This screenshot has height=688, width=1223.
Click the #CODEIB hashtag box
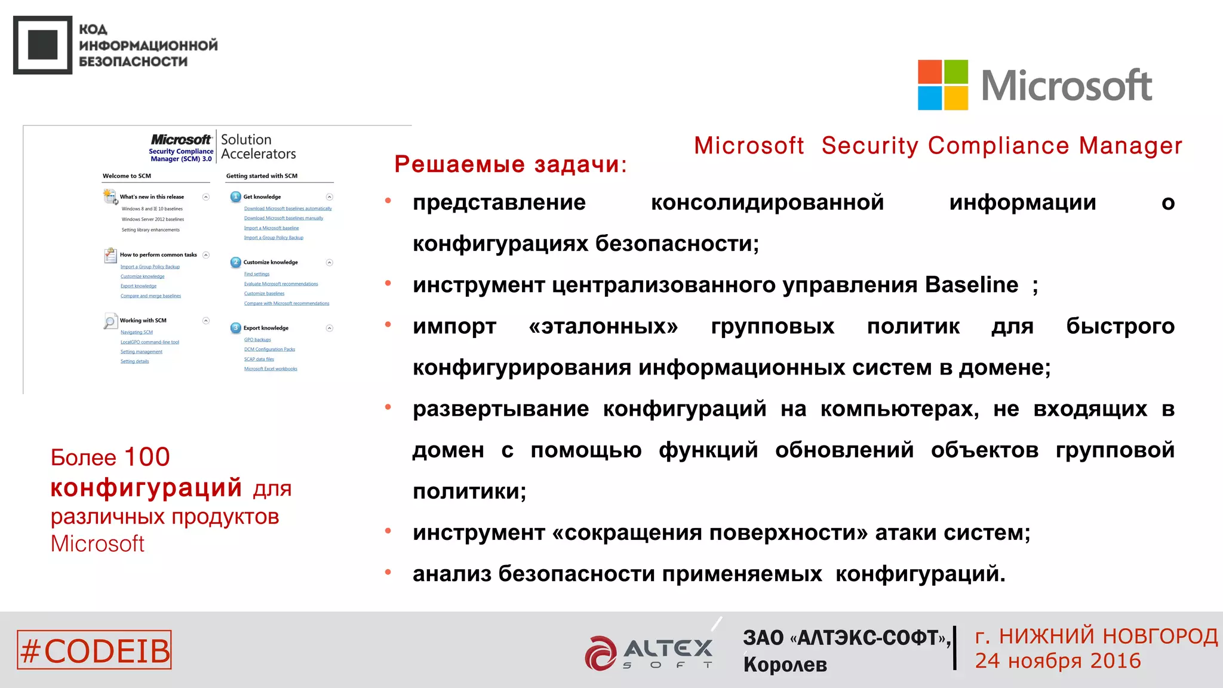click(94, 650)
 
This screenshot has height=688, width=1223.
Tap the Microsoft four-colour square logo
click(942, 85)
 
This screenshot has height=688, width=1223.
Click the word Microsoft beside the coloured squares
click(1067, 86)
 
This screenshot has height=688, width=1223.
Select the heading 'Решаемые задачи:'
click(511, 164)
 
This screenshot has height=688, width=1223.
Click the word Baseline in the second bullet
click(971, 285)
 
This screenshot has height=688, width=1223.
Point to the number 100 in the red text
click(147, 457)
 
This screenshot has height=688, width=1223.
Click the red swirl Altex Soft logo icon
click(601, 653)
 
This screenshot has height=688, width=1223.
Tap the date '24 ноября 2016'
click(1058, 661)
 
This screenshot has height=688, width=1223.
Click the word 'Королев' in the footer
click(785, 665)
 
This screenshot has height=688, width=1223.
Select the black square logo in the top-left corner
click(42, 45)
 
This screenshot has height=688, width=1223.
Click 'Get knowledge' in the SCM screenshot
click(262, 196)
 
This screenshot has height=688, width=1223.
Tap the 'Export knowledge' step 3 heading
click(266, 328)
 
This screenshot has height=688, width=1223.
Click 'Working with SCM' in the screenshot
click(143, 321)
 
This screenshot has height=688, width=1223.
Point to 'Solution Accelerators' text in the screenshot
click(258, 147)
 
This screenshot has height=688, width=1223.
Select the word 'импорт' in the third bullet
click(454, 326)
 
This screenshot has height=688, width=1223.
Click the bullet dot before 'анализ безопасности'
click(388, 572)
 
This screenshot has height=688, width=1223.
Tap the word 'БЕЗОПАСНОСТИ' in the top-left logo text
click(133, 62)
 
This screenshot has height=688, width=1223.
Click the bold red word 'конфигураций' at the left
click(146, 488)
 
